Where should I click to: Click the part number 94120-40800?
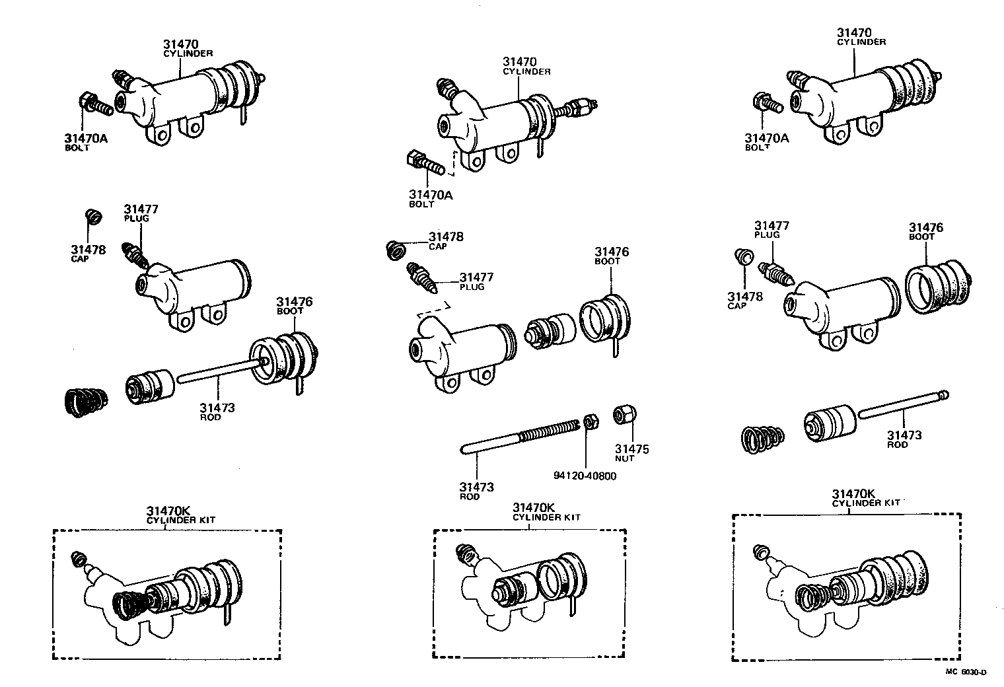tap(585, 475)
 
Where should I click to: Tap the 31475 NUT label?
tap(632, 452)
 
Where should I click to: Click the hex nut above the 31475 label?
tap(624, 415)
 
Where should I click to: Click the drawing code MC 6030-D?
tap(965, 672)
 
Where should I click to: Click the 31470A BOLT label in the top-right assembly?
tap(766, 141)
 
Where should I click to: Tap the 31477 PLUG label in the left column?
tap(141, 213)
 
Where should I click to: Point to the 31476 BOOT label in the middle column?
tap(611, 256)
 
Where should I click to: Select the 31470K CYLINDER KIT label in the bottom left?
tap(180, 515)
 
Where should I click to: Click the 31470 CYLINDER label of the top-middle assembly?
tap(526, 66)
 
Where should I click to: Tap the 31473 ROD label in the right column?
tap(904, 439)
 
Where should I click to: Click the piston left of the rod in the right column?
tap(830, 420)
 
